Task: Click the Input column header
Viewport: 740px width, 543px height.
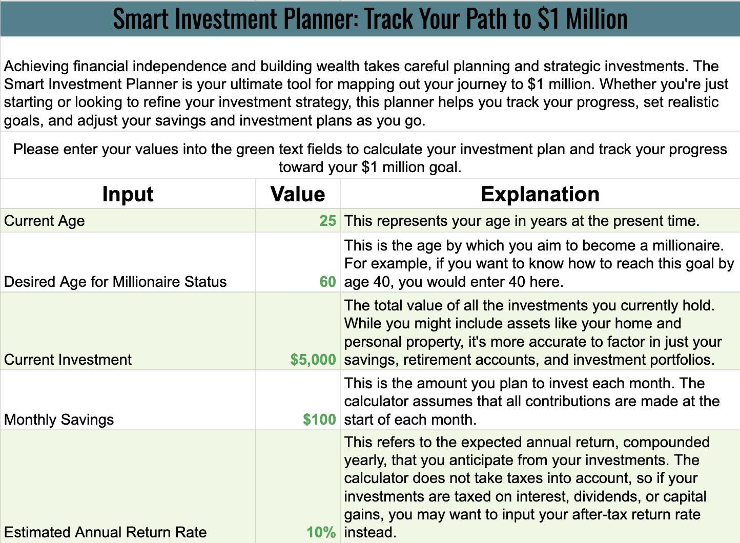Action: (128, 194)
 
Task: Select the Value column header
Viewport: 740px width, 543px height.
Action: (298, 194)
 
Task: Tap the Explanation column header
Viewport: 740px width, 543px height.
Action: (540, 194)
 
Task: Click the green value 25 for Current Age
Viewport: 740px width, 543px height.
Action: (327, 221)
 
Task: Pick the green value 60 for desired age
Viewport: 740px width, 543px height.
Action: (327, 282)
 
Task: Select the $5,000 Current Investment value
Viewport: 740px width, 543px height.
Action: (313, 360)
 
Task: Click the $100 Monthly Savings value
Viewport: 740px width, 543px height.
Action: (319, 420)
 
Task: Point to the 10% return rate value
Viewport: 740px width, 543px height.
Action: (321, 532)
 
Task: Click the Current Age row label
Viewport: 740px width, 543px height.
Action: (44, 221)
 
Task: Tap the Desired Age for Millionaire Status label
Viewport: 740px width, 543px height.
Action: (115, 282)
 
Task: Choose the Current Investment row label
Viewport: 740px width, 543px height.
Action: (68, 360)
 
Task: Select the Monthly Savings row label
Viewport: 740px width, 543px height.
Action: (59, 420)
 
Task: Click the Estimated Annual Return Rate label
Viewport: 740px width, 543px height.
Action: (106, 532)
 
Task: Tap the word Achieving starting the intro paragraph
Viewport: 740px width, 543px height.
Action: (36, 67)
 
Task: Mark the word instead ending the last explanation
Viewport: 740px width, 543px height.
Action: (370, 532)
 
